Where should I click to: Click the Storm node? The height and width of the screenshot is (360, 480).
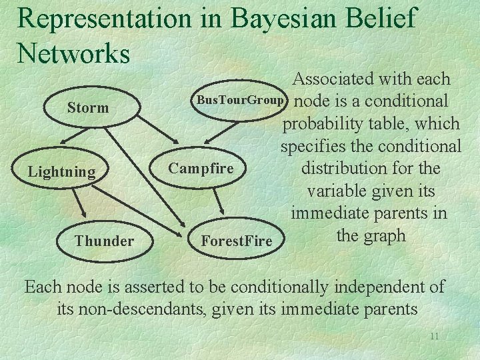click(88, 107)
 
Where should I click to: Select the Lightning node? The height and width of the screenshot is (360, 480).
click(61, 172)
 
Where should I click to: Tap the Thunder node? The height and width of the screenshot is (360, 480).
click(104, 241)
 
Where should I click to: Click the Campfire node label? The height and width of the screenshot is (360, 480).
click(201, 168)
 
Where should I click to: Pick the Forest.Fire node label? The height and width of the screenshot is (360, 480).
click(237, 241)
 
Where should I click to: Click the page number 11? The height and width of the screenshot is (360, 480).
click(434, 336)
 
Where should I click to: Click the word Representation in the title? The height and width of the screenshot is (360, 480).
click(104, 18)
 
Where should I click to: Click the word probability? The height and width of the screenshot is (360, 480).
click(323, 123)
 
